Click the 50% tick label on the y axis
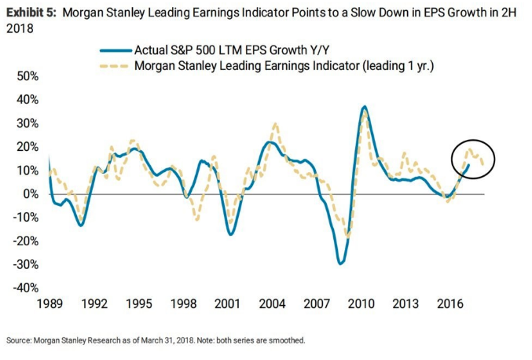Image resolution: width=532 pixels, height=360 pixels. coord(28,76)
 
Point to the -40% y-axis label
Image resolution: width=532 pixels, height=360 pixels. coord(27,288)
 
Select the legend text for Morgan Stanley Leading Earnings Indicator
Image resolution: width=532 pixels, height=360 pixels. coord(284,65)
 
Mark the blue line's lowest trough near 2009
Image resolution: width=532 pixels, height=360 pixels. coord(340,263)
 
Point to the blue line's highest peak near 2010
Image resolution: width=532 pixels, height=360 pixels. coord(364,107)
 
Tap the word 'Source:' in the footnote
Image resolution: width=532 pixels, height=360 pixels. coord(20,340)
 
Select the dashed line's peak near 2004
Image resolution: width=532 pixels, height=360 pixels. coord(275,124)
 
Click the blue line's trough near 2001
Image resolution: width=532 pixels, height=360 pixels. coord(230,233)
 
